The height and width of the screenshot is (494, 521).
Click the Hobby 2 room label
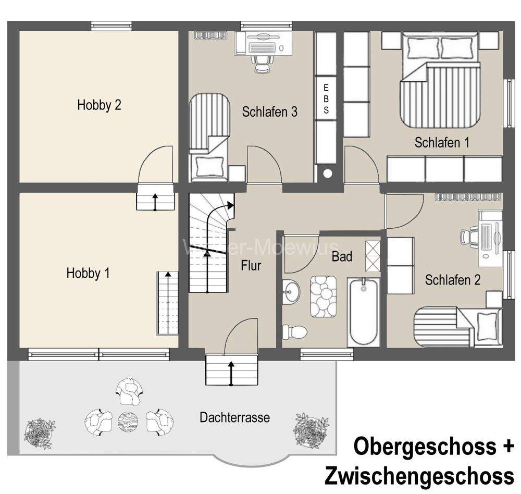tap(99, 105)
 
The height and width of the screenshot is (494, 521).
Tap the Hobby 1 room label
tap(88, 273)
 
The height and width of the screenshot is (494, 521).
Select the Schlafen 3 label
tap(269, 112)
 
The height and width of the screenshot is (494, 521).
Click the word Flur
tap(251, 266)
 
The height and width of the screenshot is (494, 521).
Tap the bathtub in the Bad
tap(364, 311)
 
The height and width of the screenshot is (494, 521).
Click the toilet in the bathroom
tap(295, 331)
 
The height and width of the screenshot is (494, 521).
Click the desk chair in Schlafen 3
tap(262, 63)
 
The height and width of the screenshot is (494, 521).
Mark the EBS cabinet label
tap(326, 98)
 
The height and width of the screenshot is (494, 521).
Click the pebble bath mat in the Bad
tap(326, 296)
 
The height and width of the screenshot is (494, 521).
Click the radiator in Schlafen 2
tap(466, 197)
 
